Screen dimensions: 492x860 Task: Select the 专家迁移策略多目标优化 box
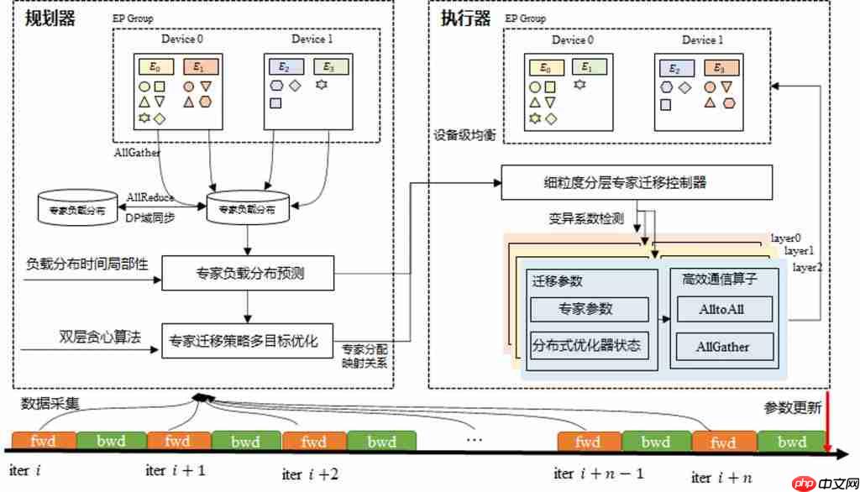247,340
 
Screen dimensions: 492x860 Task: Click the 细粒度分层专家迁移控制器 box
636,181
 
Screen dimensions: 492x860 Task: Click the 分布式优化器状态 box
590,345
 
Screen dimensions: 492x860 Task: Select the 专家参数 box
590,309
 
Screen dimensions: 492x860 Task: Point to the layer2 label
809,267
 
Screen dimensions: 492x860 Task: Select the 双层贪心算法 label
95,337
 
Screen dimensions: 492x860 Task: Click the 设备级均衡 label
463,134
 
